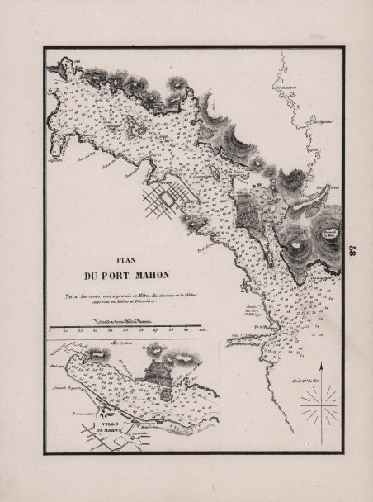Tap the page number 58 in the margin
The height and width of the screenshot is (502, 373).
352,253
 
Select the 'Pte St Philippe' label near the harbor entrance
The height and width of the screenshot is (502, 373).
262,328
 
